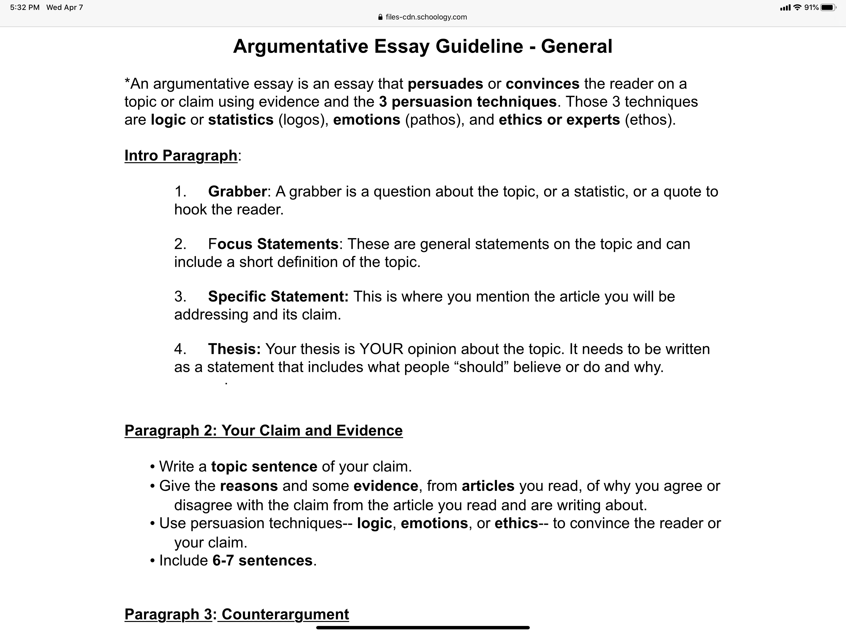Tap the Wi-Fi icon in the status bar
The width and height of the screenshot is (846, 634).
click(x=797, y=7)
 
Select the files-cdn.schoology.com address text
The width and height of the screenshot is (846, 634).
click(x=426, y=17)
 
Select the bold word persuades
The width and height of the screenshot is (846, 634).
click(x=445, y=84)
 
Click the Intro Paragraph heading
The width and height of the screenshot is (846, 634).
click(x=181, y=156)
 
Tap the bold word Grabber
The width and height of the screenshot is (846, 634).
click(x=237, y=192)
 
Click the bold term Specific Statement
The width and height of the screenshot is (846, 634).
click(x=278, y=297)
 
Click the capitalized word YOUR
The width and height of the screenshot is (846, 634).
click(x=381, y=349)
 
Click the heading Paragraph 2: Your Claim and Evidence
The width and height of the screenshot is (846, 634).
click(x=264, y=431)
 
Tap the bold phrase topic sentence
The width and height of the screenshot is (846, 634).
click(x=264, y=467)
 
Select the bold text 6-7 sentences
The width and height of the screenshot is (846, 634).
click(x=262, y=561)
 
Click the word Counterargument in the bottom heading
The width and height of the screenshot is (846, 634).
click(x=285, y=614)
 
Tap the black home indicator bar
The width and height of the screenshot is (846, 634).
click(x=423, y=627)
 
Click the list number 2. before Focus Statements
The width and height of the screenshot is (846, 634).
click(x=180, y=244)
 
